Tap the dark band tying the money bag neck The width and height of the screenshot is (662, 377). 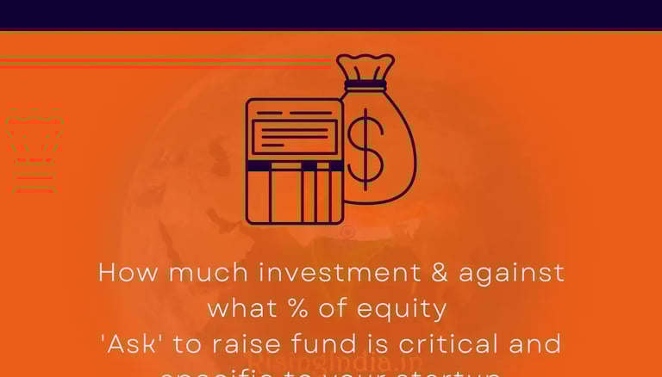pyautogui.click(x=365, y=85)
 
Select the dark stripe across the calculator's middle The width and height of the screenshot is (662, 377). pyautogui.click(x=294, y=165)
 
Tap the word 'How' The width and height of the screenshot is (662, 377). pyautogui.click(x=128, y=273)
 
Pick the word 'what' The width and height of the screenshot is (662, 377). pyautogui.click(x=237, y=307)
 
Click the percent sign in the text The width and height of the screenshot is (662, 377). pyautogui.click(x=290, y=307)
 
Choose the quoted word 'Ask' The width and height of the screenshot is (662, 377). pyautogui.click(x=131, y=343)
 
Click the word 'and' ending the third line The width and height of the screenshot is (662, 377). pyautogui.click(x=536, y=343)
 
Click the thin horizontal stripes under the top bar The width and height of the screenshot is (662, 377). pyautogui.click(x=164, y=60)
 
